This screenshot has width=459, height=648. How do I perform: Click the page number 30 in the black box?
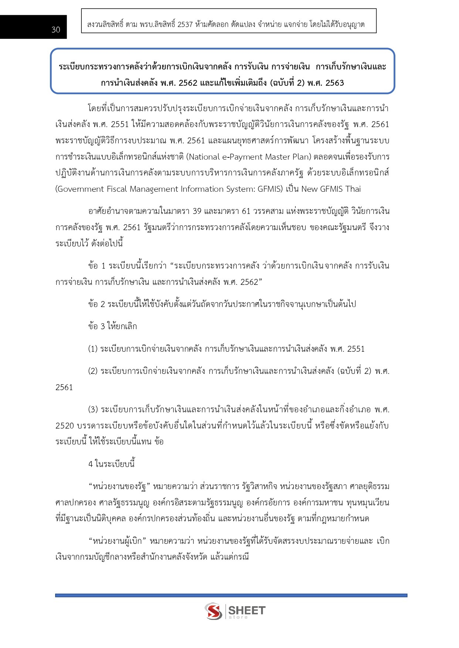click(x=56, y=30)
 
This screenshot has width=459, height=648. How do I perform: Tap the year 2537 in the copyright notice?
click(x=185, y=24)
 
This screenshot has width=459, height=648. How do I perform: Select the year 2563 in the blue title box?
click(x=334, y=83)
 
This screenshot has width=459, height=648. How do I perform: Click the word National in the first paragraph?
click(x=203, y=157)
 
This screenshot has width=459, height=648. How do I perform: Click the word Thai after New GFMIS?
click(x=353, y=189)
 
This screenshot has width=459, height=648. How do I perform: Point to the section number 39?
click(x=197, y=211)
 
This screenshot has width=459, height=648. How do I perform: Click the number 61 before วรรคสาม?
click(x=246, y=211)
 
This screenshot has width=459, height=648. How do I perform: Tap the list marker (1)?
click(x=92, y=349)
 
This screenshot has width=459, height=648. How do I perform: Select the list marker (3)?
click(x=93, y=409)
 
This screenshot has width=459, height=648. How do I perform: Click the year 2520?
click(x=65, y=426)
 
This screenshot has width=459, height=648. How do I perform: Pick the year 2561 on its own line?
click(x=64, y=387)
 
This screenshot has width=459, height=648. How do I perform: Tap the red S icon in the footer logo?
click(x=213, y=611)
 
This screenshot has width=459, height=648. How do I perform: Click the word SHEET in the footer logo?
click(x=247, y=610)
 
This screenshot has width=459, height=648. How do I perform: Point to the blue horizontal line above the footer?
click(x=231, y=596)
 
